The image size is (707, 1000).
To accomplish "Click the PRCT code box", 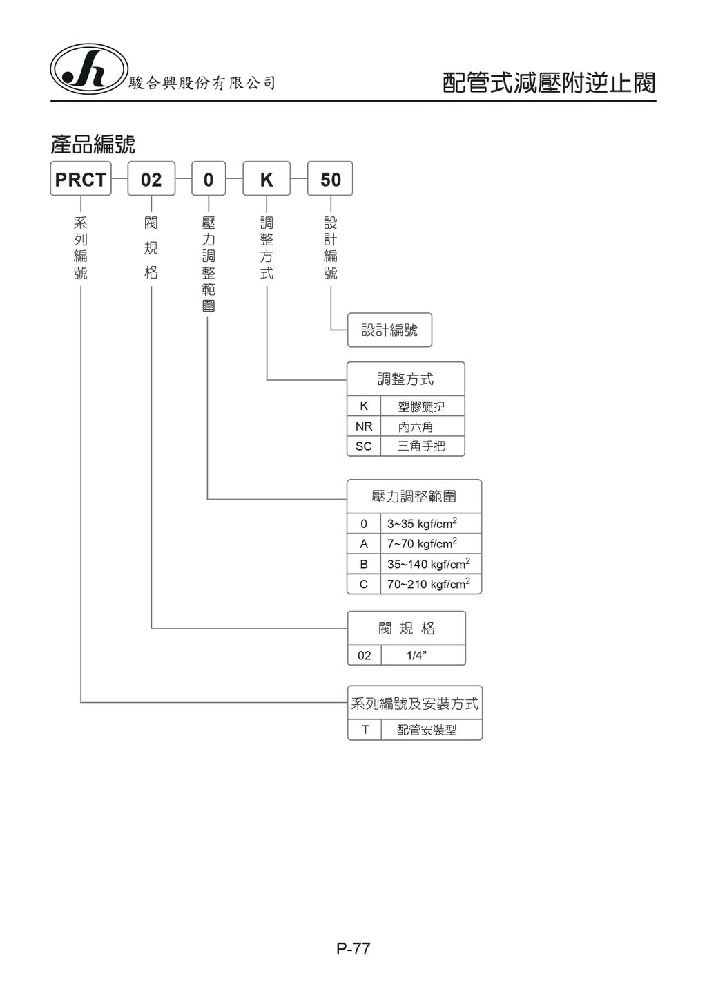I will pyautogui.click(x=81, y=179).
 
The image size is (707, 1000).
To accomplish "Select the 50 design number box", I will pyautogui.click(x=330, y=179).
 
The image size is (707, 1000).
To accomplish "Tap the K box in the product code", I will pyautogui.click(x=267, y=179).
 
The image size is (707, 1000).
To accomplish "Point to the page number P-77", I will pyautogui.click(x=353, y=949).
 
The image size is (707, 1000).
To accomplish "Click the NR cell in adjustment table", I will pyautogui.click(x=364, y=426).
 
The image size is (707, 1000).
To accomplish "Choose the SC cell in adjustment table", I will pyautogui.click(x=364, y=446).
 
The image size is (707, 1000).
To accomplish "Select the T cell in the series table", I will pyautogui.click(x=365, y=730).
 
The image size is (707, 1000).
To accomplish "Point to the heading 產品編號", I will pyautogui.click(x=93, y=144).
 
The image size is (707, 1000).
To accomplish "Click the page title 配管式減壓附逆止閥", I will pyautogui.click(x=548, y=83).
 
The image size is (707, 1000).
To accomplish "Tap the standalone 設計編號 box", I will pyautogui.click(x=390, y=330).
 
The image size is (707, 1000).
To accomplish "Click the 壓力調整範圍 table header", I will pyautogui.click(x=414, y=496).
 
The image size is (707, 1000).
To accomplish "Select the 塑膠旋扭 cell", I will pyautogui.click(x=422, y=406).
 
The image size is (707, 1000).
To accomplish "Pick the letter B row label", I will pyautogui.click(x=364, y=564).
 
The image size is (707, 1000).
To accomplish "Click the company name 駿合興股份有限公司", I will pyautogui.click(x=202, y=84).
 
